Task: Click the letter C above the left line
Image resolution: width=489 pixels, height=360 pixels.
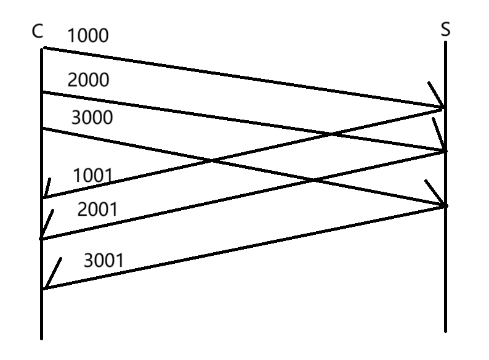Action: click(x=38, y=31)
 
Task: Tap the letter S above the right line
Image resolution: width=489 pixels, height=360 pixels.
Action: click(x=445, y=30)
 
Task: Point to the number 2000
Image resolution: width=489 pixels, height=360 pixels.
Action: click(x=88, y=80)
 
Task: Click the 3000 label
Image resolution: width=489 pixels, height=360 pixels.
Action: click(x=92, y=117)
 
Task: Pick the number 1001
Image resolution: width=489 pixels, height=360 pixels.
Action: click(x=93, y=176)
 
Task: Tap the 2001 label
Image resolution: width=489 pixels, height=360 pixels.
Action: click(x=97, y=210)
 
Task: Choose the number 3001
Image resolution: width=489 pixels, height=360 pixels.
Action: click(x=103, y=260)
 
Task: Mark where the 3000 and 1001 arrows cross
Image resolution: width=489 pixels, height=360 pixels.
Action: click(x=212, y=162)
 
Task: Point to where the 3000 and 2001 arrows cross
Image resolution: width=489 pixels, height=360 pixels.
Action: click(x=313, y=180)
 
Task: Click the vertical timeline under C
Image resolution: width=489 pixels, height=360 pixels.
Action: click(x=42, y=308)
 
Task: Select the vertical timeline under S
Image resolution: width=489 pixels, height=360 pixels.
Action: click(x=445, y=277)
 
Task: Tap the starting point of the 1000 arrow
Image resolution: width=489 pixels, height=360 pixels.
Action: click(x=42, y=47)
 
